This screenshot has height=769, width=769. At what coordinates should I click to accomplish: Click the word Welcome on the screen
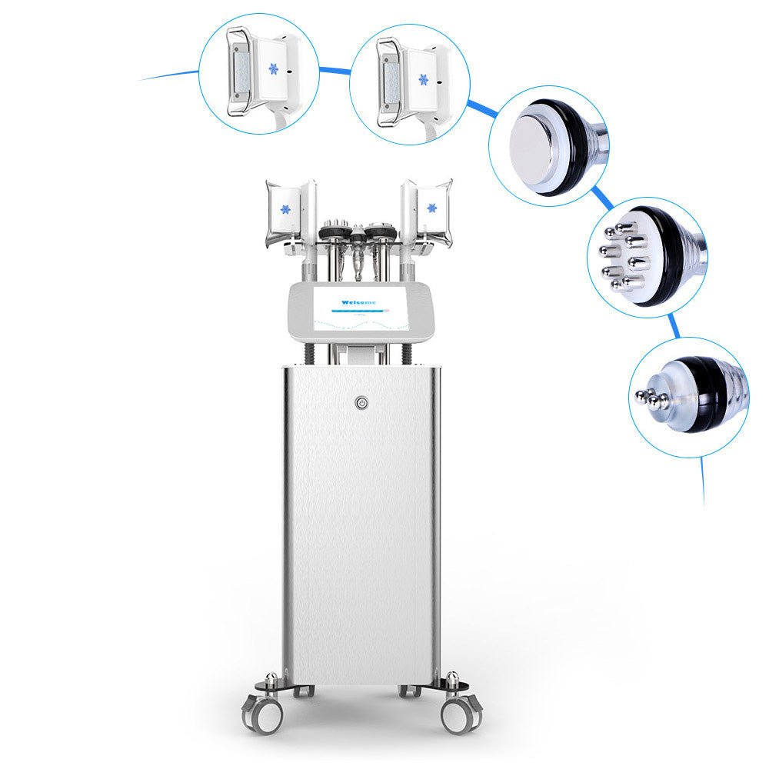(x=358, y=303)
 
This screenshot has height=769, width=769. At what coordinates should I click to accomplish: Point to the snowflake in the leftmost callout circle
(x=272, y=69)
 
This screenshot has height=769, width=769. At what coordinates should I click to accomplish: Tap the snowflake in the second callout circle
(x=423, y=78)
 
